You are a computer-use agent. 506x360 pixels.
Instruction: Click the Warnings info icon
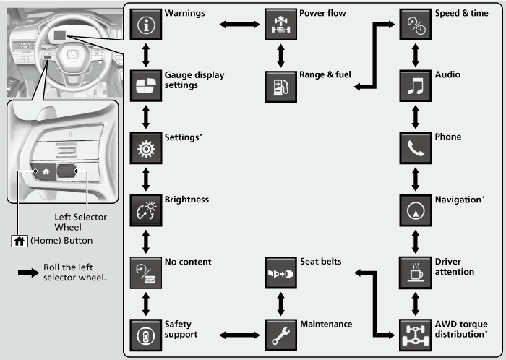tap(145, 23)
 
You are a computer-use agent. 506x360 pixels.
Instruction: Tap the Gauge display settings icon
tap(145, 85)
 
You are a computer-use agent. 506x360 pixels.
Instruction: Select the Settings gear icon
tap(145, 147)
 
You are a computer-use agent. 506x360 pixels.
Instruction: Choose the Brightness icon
tap(145, 210)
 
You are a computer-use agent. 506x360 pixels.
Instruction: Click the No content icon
tap(145, 272)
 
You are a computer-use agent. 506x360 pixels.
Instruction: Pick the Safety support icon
tap(145, 334)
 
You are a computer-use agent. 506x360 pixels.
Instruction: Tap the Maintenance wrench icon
tap(280, 334)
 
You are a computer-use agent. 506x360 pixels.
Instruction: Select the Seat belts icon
tap(280, 272)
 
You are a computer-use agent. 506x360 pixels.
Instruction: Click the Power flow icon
tap(280, 23)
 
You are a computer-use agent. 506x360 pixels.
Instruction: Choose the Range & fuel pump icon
tap(280, 85)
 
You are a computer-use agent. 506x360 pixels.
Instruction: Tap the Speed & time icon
tap(415, 23)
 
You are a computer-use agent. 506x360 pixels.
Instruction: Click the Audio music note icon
tap(415, 85)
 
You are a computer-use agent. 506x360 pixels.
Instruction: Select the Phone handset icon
tap(415, 147)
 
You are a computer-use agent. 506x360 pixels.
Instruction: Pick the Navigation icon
tap(415, 210)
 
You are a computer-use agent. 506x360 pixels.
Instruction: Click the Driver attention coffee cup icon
tap(415, 272)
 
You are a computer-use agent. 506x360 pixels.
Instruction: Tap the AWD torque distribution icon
tap(415, 334)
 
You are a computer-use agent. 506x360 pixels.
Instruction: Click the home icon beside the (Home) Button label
tap(16, 240)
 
